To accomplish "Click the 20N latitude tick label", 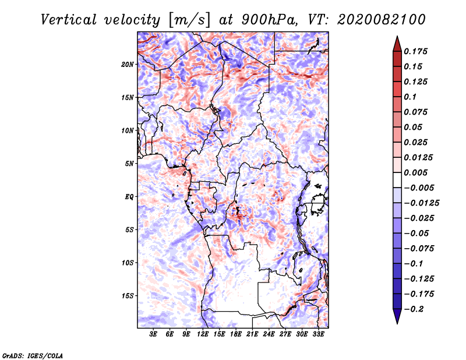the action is pyautogui.click(x=127, y=65).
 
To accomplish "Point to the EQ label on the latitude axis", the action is pyautogui.click(x=129, y=197).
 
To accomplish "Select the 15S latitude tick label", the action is pyautogui.click(x=128, y=296).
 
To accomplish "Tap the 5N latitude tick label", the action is pyautogui.click(x=129, y=164).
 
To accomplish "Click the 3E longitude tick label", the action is pyautogui.click(x=153, y=334).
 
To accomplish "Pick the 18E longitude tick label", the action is pyautogui.click(x=236, y=334).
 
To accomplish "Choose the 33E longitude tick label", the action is pyautogui.click(x=318, y=334).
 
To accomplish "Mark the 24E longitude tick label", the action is pyautogui.click(x=269, y=334).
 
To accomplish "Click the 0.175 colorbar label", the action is pyautogui.click(x=415, y=51).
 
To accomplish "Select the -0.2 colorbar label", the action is pyautogui.click(x=414, y=309).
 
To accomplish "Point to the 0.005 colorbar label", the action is pyautogui.click(x=415, y=172).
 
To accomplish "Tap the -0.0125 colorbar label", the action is pyautogui.click(x=421, y=203).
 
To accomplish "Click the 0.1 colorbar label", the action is pyautogui.click(x=410, y=97).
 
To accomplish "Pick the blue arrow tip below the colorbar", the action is pyautogui.click(x=397, y=323).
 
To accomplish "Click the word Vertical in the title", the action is pyautogui.click(x=69, y=20).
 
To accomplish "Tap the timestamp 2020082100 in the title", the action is pyautogui.click(x=382, y=20).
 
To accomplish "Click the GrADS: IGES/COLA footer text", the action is pyautogui.click(x=33, y=355).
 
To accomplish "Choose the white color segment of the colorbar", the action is pyautogui.click(x=397, y=180).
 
